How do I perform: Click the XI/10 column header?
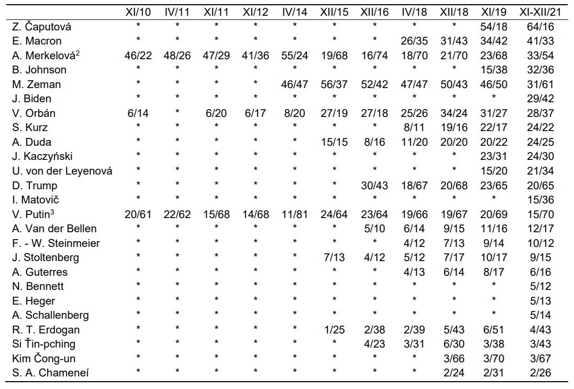(x=138, y=12)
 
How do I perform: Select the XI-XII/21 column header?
(x=540, y=12)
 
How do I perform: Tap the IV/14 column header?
(x=294, y=12)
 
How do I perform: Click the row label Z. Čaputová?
(x=41, y=26)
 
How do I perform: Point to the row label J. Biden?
(x=31, y=99)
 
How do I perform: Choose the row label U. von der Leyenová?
(x=62, y=171)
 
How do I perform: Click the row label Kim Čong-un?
(x=43, y=358)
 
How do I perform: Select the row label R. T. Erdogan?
(x=46, y=330)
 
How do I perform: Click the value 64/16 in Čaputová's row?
(x=540, y=26)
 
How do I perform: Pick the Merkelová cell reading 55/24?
(x=294, y=56)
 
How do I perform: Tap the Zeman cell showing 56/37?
(x=334, y=84)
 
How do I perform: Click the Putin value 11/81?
(x=294, y=214)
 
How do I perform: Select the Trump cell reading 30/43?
(x=374, y=186)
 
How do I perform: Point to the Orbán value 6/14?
(x=138, y=113)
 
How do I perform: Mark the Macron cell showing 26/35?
(x=414, y=41)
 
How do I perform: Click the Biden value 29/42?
(x=540, y=99)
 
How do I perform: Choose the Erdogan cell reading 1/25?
(x=334, y=330)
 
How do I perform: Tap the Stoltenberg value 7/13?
(x=334, y=257)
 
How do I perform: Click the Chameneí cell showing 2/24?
(x=454, y=373)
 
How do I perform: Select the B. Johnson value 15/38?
(x=493, y=70)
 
